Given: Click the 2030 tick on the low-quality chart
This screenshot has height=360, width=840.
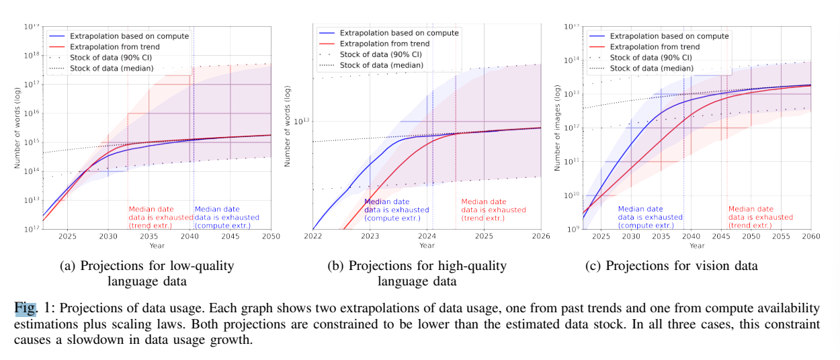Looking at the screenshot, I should tap(108, 236).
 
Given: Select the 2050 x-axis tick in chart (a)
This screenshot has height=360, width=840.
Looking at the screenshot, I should tap(271, 236).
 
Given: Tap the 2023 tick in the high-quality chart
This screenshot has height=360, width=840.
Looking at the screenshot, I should tap(370, 236).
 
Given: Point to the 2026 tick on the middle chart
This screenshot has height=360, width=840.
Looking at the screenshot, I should tap(541, 236).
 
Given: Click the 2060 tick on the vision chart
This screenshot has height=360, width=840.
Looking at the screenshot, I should tap(810, 236).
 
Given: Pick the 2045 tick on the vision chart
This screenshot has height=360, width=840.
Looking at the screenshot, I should tap(721, 236).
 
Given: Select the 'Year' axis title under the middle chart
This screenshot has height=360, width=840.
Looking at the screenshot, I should tap(427, 246).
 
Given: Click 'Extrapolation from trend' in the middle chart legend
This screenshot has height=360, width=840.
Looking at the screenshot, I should tap(384, 44).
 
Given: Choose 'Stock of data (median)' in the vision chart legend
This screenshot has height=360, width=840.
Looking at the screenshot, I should tap(651, 69).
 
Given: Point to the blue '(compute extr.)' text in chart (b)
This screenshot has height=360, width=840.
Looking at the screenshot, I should tap(392, 218).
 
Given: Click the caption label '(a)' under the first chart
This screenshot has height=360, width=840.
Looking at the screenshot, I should tap(68, 265).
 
